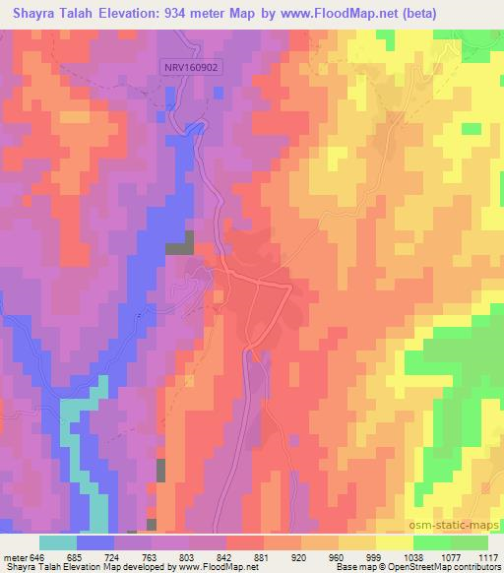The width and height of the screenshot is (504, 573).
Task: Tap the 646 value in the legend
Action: click(37, 556)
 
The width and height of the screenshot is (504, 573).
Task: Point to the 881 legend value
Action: click(233, 556)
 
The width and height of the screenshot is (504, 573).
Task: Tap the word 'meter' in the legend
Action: click(15, 556)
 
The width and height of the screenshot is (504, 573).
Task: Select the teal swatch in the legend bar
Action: click(57, 542)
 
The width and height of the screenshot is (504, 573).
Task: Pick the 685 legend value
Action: click(77, 556)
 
